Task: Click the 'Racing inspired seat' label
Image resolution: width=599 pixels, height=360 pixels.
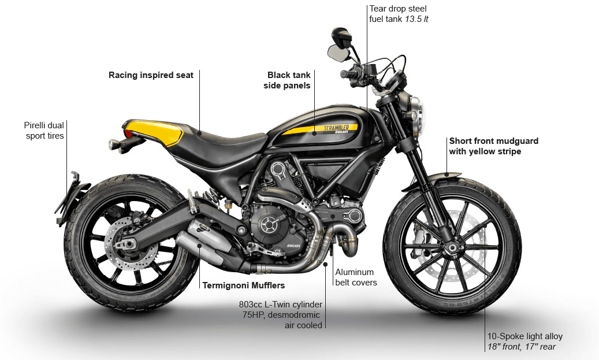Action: point(151,75)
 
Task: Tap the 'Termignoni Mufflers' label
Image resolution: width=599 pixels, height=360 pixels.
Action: point(244,285)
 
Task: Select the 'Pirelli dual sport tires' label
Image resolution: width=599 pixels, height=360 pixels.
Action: point(44,131)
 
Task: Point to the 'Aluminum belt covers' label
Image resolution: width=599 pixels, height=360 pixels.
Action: point(356,277)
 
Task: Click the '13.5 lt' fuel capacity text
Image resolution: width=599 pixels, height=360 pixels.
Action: point(416,19)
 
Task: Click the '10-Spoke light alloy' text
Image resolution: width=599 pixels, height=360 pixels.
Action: point(525,336)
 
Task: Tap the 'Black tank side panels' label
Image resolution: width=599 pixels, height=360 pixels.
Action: point(287,80)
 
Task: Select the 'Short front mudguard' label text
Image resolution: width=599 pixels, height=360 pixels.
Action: point(494,141)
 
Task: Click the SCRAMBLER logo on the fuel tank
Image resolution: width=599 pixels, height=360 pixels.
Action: point(336,128)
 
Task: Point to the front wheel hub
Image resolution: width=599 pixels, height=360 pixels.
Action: point(451,248)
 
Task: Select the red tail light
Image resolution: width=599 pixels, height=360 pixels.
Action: point(128,133)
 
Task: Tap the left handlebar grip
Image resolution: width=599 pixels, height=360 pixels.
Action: point(348,74)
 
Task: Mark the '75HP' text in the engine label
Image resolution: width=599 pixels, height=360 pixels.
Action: point(254,315)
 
